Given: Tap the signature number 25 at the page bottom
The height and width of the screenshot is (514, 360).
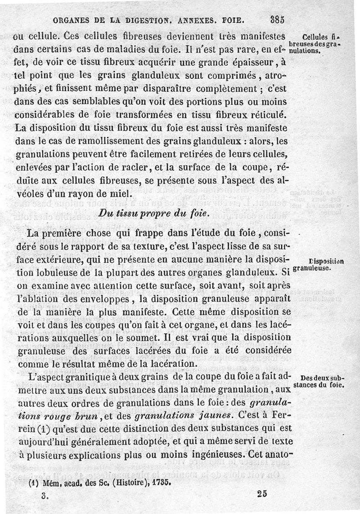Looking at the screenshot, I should pyautogui.click(x=263, y=493).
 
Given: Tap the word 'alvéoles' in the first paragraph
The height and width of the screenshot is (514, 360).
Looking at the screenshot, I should pyautogui.click(x=31, y=194).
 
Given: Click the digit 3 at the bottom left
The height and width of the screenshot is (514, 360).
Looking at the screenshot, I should pyautogui.click(x=44, y=494).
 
